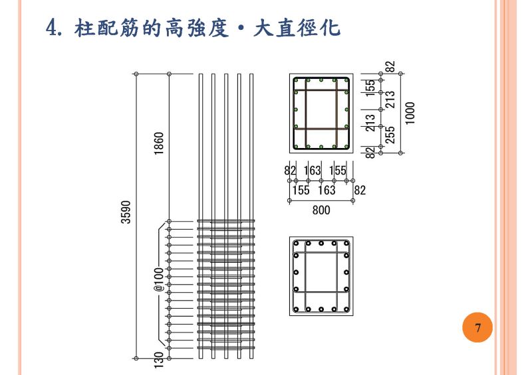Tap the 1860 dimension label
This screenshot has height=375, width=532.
click(x=159, y=144)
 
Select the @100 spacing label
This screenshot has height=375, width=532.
click(x=159, y=279)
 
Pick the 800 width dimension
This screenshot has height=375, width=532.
click(x=321, y=210)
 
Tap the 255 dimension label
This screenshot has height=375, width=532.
click(x=390, y=135)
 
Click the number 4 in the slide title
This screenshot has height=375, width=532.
click(x=54, y=29)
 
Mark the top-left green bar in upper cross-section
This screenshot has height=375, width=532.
click(x=296, y=81)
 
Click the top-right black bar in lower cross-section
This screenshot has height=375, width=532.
click(x=346, y=244)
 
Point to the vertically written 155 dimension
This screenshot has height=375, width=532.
click(x=370, y=88)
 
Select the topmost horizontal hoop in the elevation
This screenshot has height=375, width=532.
click(x=226, y=222)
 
